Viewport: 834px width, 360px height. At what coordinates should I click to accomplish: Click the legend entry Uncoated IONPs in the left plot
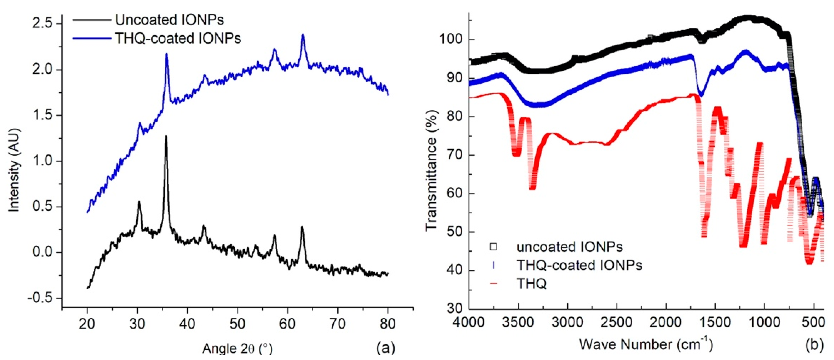click(169, 20)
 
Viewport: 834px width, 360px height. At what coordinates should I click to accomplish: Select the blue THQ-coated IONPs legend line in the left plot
click(92, 39)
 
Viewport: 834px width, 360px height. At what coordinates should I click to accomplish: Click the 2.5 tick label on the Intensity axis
click(43, 24)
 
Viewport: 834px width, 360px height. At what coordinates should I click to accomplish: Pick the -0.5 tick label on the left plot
click(40, 298)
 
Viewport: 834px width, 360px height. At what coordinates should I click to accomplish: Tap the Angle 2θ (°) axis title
click(237, 349)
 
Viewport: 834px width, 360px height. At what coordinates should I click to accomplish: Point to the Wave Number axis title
click(646, 344)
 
